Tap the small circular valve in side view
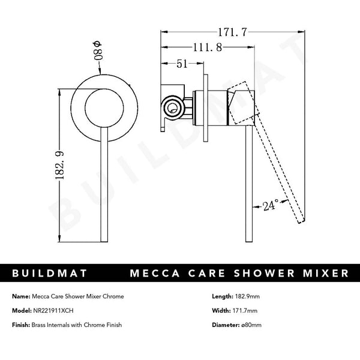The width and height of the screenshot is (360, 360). click(174, 109)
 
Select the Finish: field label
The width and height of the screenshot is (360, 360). click(22, 325)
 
